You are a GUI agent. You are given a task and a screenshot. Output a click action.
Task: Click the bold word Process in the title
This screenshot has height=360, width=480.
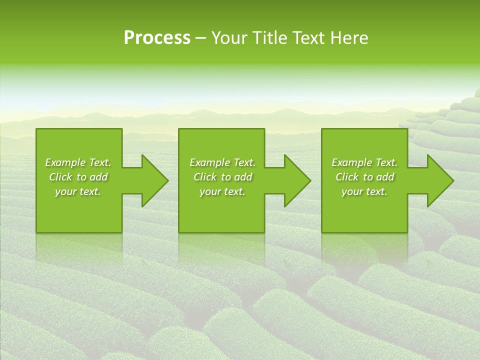click(157, 38)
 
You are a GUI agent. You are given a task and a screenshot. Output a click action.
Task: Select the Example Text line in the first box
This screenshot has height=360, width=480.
click(78, 162)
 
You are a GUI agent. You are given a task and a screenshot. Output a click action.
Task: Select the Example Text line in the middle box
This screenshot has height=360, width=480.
click(222, 162)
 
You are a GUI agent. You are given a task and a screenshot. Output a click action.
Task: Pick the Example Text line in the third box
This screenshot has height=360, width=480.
click(364, 162)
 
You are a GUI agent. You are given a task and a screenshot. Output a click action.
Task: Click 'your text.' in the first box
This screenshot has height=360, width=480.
click(78, 191)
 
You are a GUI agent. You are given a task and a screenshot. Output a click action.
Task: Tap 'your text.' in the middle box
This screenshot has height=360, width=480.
click(222, 191)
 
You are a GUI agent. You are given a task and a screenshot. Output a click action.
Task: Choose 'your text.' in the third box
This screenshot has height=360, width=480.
click(364, 191)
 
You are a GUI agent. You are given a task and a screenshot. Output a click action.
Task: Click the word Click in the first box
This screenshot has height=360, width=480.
click(60, 177)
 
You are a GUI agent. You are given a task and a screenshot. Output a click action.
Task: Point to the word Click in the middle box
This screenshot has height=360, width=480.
click(205, 177)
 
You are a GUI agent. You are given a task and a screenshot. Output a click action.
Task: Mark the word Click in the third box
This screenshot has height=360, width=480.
click(347, 177)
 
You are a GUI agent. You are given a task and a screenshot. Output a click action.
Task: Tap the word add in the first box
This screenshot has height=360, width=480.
click(98, 177)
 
